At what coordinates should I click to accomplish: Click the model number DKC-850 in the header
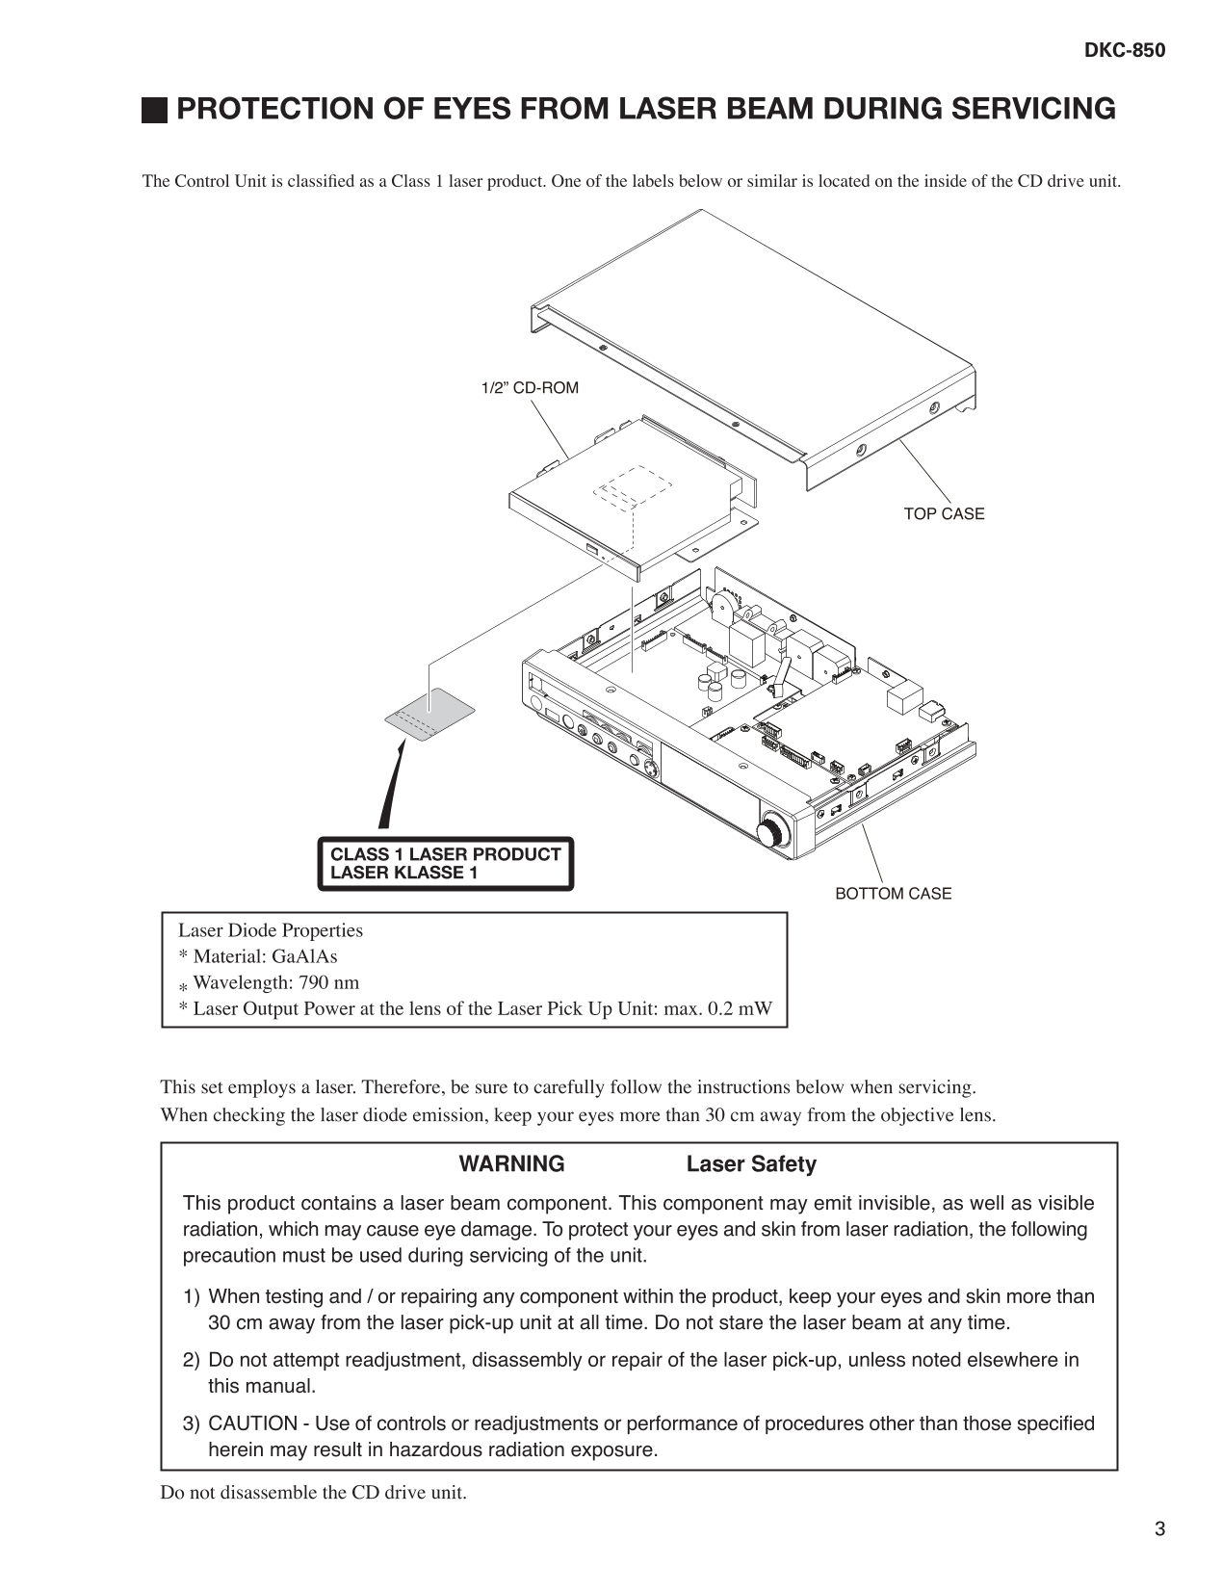click(1125, 51)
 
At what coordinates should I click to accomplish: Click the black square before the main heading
click(153, 111)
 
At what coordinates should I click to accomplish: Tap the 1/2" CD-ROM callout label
click(530, 388)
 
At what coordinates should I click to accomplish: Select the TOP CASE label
click(944, 514)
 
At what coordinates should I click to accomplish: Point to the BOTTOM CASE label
click(893, 894)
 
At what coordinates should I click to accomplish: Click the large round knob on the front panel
click(773, 830)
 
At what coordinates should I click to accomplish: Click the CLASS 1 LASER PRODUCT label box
click(445, 864)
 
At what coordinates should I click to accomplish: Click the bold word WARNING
click(511, 1164)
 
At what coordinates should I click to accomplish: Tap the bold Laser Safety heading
click(751, 1164)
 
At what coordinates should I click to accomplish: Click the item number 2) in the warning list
click(192, 1361)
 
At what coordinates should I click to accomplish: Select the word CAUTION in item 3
click(252, 1423)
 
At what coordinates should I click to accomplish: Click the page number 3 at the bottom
click(1159, 1529)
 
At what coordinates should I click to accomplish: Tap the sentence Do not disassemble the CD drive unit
click(313, 1493)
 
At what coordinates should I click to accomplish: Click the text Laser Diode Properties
click(271, 930)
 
